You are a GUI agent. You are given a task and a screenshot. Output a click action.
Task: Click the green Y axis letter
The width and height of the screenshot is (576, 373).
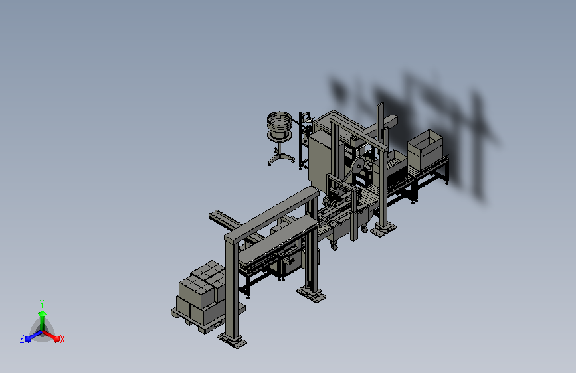point(41,303)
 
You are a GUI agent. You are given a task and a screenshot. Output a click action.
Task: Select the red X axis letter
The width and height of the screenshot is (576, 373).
point(62,340)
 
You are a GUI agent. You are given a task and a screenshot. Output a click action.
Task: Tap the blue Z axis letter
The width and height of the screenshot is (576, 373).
point(22,339)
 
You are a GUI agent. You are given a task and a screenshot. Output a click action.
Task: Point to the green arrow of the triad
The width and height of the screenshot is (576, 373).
point(42,320)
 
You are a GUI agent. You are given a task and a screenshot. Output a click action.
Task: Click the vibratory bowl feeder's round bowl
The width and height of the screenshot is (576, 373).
point(279,122)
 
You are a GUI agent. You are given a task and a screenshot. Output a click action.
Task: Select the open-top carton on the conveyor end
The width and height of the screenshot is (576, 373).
point(425,149)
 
